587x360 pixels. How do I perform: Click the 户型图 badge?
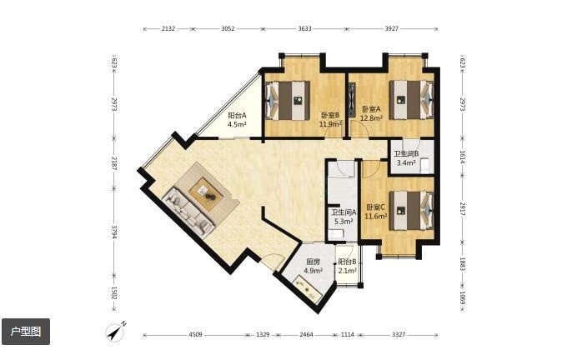(26, 332)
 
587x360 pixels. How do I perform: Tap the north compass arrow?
(115, 331)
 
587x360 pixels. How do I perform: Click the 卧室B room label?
(330, 115)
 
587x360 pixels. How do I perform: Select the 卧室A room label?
(371, 109)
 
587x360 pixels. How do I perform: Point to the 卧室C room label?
(375, 207)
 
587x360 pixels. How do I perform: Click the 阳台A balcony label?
(237, 116)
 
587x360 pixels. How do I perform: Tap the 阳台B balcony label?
(347, 262)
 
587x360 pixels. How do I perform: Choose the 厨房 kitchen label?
(313, 262)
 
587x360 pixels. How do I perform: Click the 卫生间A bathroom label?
(344, 212)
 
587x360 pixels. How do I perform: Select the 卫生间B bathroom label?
(406, 154)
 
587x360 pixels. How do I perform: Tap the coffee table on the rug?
(206, 192)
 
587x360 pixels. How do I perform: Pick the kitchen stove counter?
(309, 288)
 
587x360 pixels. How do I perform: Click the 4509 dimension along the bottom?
(195, 334)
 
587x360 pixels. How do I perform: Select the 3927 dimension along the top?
(392, 28)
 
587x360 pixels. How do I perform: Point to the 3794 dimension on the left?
(113, 232)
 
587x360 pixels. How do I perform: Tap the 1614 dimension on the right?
(462, 157)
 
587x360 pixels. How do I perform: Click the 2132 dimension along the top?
(168, 28)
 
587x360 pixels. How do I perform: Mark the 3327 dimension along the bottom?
(399, 334)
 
